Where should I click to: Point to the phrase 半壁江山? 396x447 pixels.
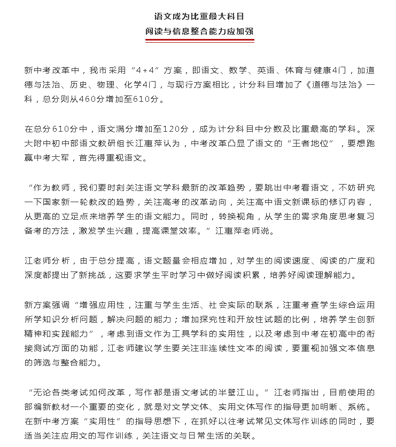(244, 393)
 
